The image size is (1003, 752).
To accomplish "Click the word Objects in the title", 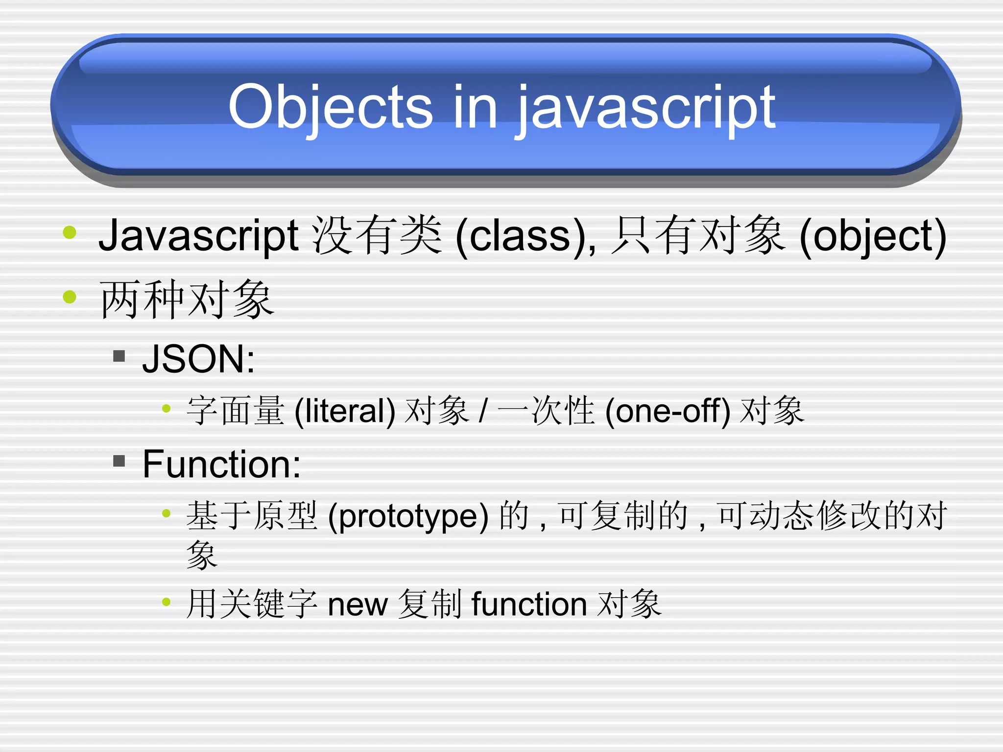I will (x=330, y=107).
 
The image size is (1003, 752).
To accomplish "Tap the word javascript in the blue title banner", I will (x=646, y=109).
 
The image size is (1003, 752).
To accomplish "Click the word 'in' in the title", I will (x=475, y=107).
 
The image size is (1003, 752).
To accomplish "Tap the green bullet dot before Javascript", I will (x=70, y=232).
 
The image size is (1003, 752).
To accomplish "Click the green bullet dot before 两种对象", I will (x=70, y=297).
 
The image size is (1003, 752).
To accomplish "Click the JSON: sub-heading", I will (x=198, y=359).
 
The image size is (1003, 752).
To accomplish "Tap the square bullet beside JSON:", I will (x=119, y=355).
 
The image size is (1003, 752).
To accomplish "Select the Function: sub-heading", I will (x=221, y=464).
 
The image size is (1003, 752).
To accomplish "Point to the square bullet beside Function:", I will (x=119, y=461).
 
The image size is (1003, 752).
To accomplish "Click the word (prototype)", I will (x=408, y=516).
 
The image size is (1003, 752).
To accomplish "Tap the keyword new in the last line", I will (x=358, y=604).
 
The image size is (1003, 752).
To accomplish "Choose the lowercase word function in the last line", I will (x=529, y=604).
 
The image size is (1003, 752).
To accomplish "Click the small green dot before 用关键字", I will (x=167, y=602).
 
